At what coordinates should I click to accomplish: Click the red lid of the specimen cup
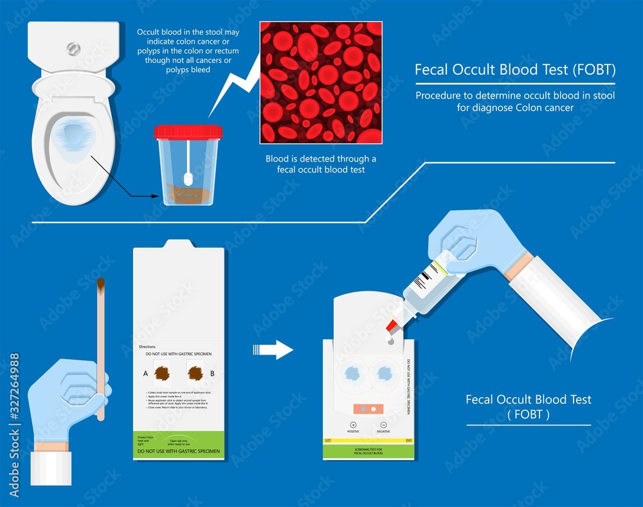pyautogui.click(x=188, y=132)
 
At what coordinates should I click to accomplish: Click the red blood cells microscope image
pyautogui.click(x=320, y=82)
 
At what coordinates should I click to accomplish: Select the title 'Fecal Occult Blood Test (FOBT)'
pyautogui.click(x=515, y=69)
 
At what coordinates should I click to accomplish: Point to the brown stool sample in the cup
pyautogui.click(x=186, y=193)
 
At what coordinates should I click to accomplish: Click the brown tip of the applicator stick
pyautogui.click(x=101, y=284)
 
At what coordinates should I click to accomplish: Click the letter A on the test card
pyautogui.click(x=146, y=373)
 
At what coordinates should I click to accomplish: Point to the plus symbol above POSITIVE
pyautogui.click(x=353, y=425)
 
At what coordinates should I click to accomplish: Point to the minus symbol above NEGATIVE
pyautogui.click(x=383, y=425)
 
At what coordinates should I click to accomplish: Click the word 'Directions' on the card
pyautogui.click(x=147, y=347)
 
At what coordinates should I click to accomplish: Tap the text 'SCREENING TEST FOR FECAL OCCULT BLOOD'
pyautogui.click(x=368, y=450)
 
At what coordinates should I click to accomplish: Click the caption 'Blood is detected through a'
pyautogui.click(x=321, y=159)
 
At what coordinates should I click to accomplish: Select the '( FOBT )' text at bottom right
pyautogui.click(x=529, y=415)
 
